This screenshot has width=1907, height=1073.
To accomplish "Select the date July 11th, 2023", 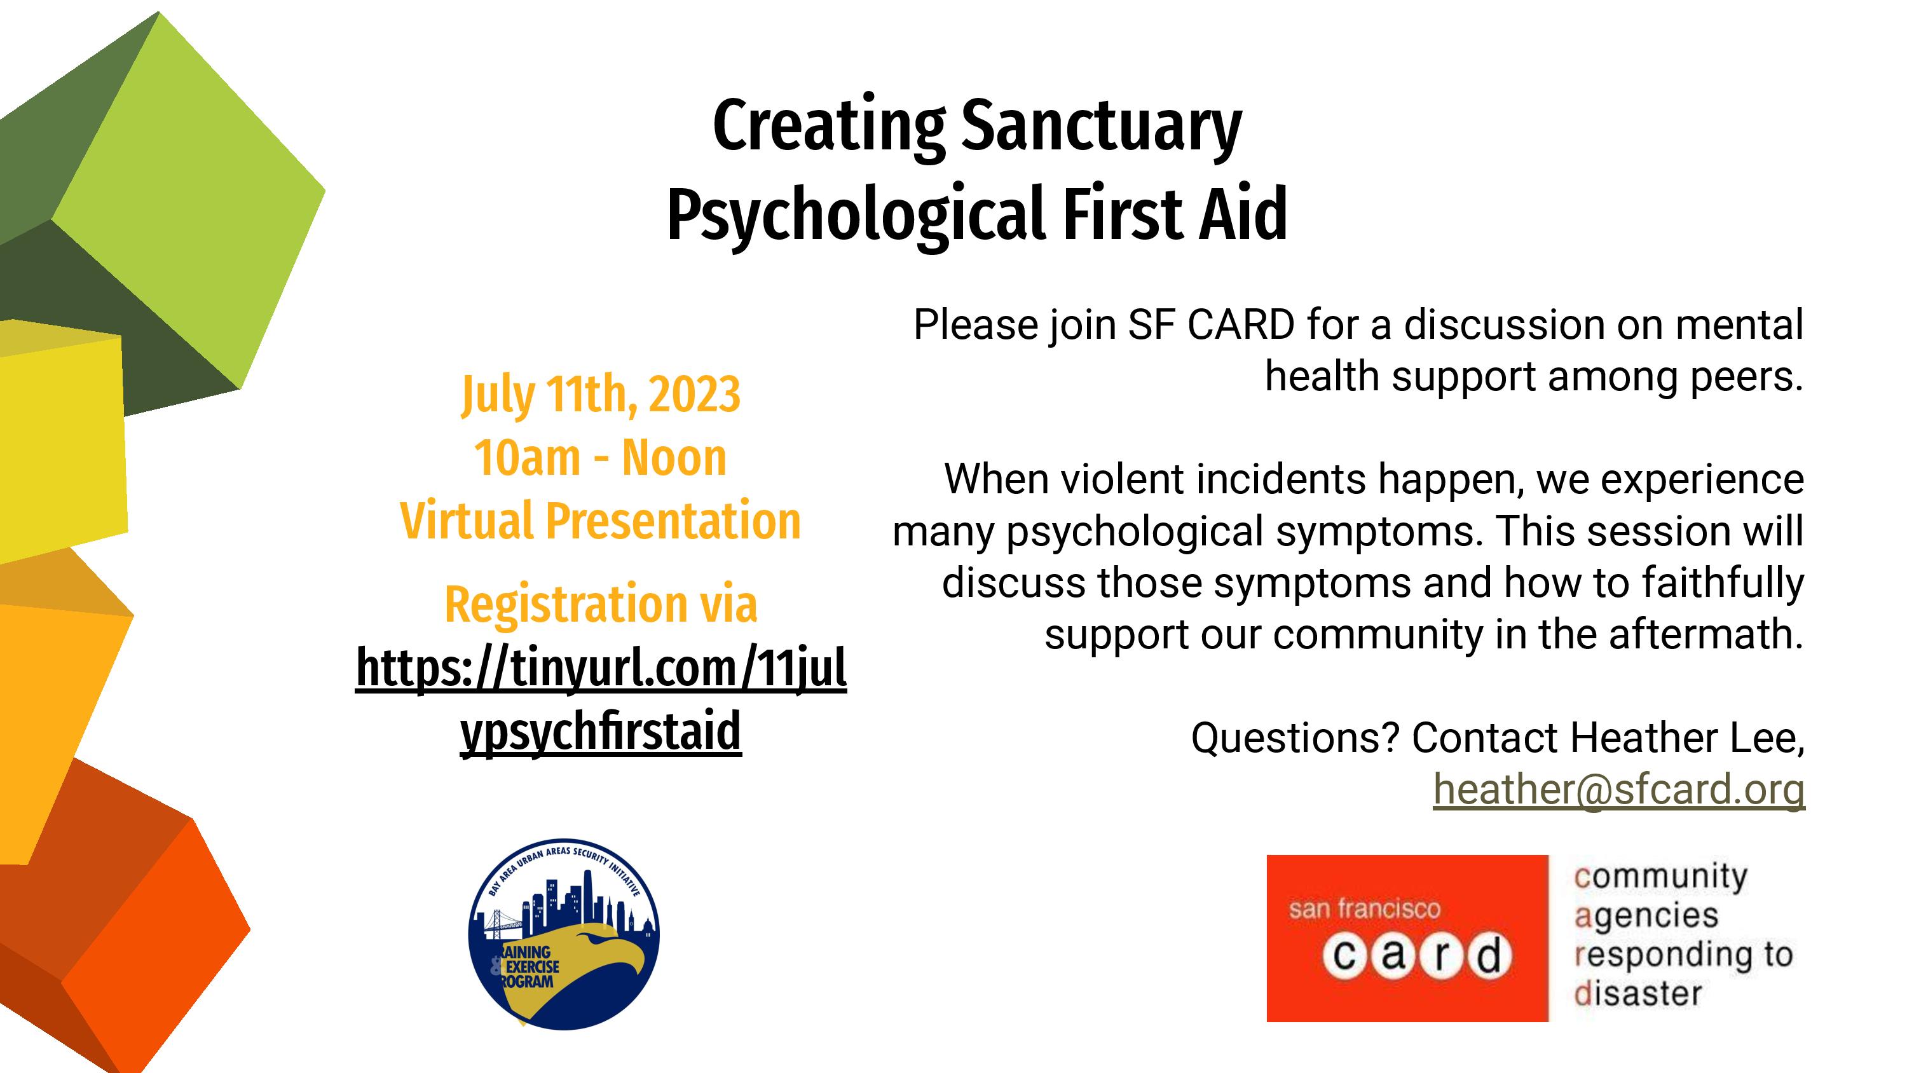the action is click(x=600, y=395).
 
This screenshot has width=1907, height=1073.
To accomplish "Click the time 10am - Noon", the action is click(x=600, y=458).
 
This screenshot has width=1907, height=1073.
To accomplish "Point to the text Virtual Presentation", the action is click(x=600, y=521).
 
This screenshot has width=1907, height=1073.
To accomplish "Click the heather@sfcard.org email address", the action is click(x=1619, y=789).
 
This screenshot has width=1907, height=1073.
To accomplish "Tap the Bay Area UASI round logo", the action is click(x=564, y=934).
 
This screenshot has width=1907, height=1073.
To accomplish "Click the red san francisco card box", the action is click(x=1407, y=938).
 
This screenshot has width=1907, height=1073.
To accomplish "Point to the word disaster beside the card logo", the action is click(x=1638, y=994).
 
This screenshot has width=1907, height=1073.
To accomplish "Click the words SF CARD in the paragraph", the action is click(x=1211, y=325).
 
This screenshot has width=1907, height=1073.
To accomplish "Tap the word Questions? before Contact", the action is click(x=1295, y=738).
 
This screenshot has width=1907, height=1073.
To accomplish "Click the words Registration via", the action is click(x=600, y=605).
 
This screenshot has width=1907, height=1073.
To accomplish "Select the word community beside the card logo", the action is click(x=1660, y=877).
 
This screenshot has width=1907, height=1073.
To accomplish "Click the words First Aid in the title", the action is click(x=1175, y=214).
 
